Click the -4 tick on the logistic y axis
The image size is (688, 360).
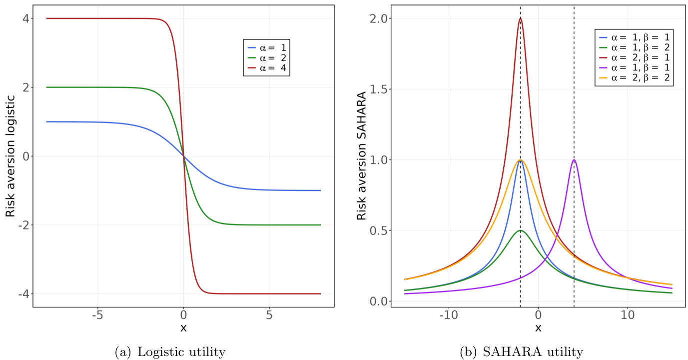coord(21,294)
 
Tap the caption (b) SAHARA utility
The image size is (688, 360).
coord(521,351)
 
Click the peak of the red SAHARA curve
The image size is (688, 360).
coord(521,18)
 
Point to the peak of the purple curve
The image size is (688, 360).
coord(574,160)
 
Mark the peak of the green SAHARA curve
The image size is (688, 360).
coord(521,230)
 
